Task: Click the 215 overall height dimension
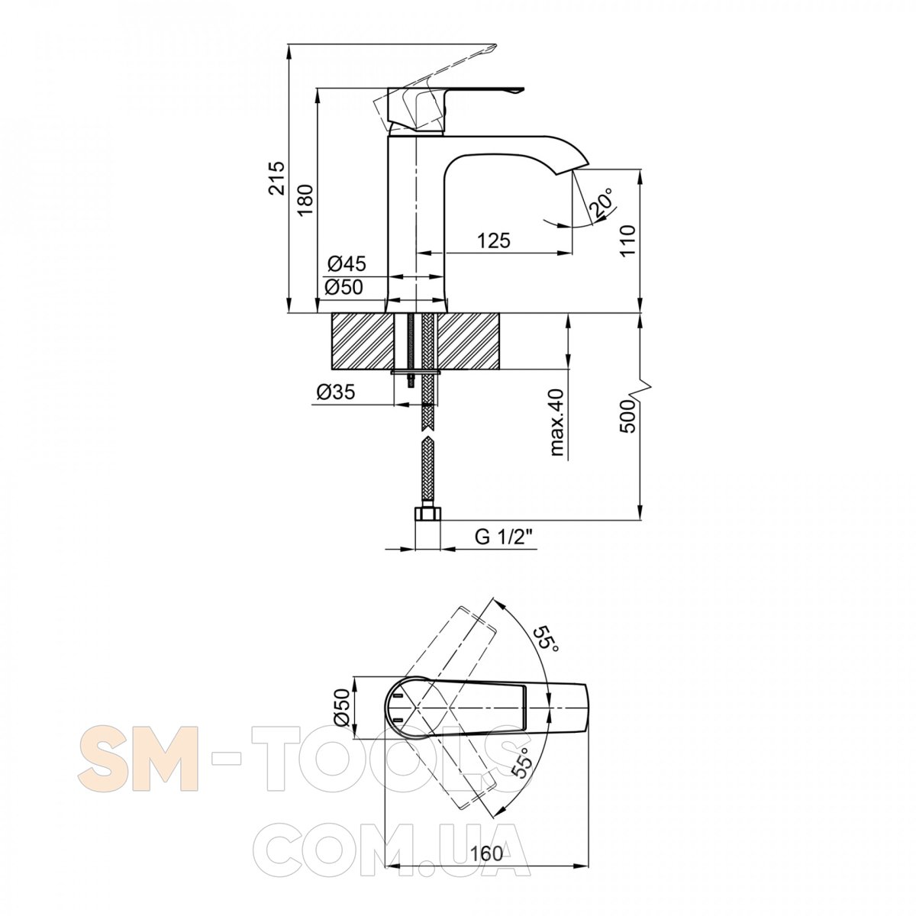(x=276, y=179)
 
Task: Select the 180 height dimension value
(x=305, y=200)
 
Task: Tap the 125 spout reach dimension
(x=493, y=240)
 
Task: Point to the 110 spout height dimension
(x=627, y=240)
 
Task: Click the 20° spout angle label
(x=601, y=203)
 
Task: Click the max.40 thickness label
(x=556, y=423)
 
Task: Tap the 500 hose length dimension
(x=627, y=417)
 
